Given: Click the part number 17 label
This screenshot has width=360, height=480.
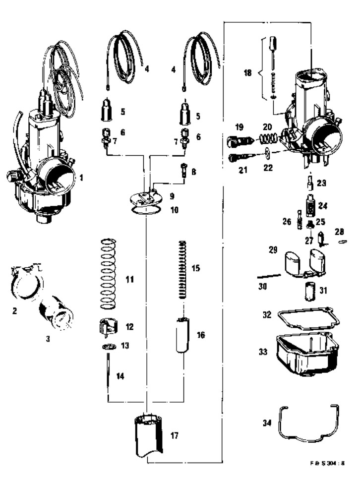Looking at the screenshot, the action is pyautogui.click(x=174, y=435).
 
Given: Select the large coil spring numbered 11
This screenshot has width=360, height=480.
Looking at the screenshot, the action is pyautogui.click(x=109, y=274).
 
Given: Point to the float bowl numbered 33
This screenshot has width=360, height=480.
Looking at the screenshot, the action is pyautogui.click(x=307, y=355).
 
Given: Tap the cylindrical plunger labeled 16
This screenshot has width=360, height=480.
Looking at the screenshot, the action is pyautogui.click(x=183, y=335).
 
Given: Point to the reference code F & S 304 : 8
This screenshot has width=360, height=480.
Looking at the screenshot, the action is pyautogui.click(x=327, y=463).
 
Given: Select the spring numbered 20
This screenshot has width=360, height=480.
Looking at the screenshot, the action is pyautogui.click(x=268, y=139).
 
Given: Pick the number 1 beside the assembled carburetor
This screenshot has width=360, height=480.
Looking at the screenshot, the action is pyautogui.click(x=81, y=177).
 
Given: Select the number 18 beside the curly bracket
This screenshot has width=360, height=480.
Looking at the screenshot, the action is pyautogui.click(x=247, y=73).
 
